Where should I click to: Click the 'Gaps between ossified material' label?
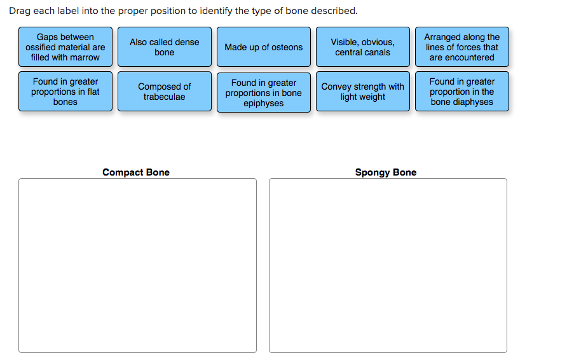coord(65,47)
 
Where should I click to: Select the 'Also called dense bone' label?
coord(165,47)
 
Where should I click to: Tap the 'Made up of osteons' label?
coord(264,47)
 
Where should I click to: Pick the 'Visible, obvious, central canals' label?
coord(363,47)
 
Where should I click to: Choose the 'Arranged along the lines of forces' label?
coord(462,47)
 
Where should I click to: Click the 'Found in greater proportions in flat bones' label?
coord(65,92)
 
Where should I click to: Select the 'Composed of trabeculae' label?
coord(165,92)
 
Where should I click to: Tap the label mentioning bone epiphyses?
coord(264,93)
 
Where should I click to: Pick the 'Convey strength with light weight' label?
coord(363,92)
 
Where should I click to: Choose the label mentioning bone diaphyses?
coord(462,92)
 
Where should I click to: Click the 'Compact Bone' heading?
coord(136,172)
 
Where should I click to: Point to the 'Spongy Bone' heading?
coord(386,172)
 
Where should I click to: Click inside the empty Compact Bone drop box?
coord(138,265)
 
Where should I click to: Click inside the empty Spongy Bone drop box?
coord(388,265)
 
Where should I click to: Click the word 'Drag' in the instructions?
coord(20,11)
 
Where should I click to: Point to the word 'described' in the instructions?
coord(333,11)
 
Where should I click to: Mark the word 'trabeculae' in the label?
coord(165,97)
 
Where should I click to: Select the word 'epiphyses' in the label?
coord(264,104)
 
